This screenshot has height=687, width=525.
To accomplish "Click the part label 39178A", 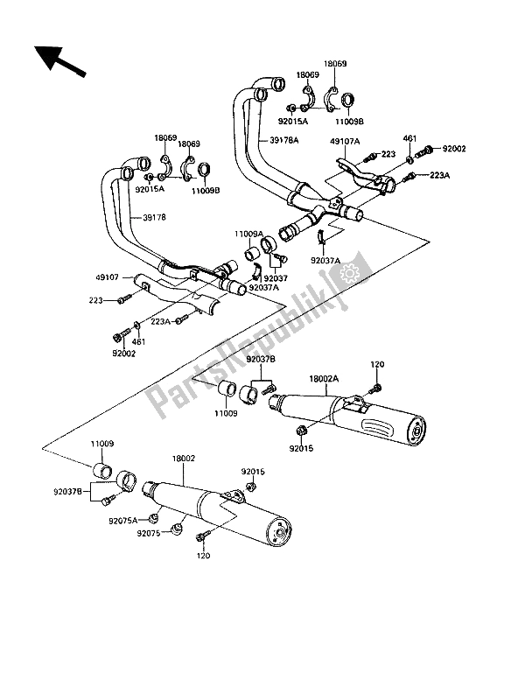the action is click(283, 141).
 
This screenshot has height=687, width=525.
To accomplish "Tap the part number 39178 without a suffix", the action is click(154, 217).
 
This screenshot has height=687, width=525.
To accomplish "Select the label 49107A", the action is click(345, 141).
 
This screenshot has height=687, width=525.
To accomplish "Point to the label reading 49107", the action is click(108, 277).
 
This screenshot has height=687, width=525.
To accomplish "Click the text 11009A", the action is click(248, 235).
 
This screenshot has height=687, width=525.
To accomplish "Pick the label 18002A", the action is click(324, 378).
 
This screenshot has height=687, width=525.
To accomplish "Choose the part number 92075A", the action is click(123, 521).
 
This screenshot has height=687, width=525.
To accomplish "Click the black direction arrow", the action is click(59, 61).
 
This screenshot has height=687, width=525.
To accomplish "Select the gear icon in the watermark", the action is click(349, 274).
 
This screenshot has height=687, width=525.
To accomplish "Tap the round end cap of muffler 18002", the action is click(280, 533).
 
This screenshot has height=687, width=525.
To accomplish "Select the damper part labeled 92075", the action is click(176, 529).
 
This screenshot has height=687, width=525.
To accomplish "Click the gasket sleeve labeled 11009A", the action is click(251, 254).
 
